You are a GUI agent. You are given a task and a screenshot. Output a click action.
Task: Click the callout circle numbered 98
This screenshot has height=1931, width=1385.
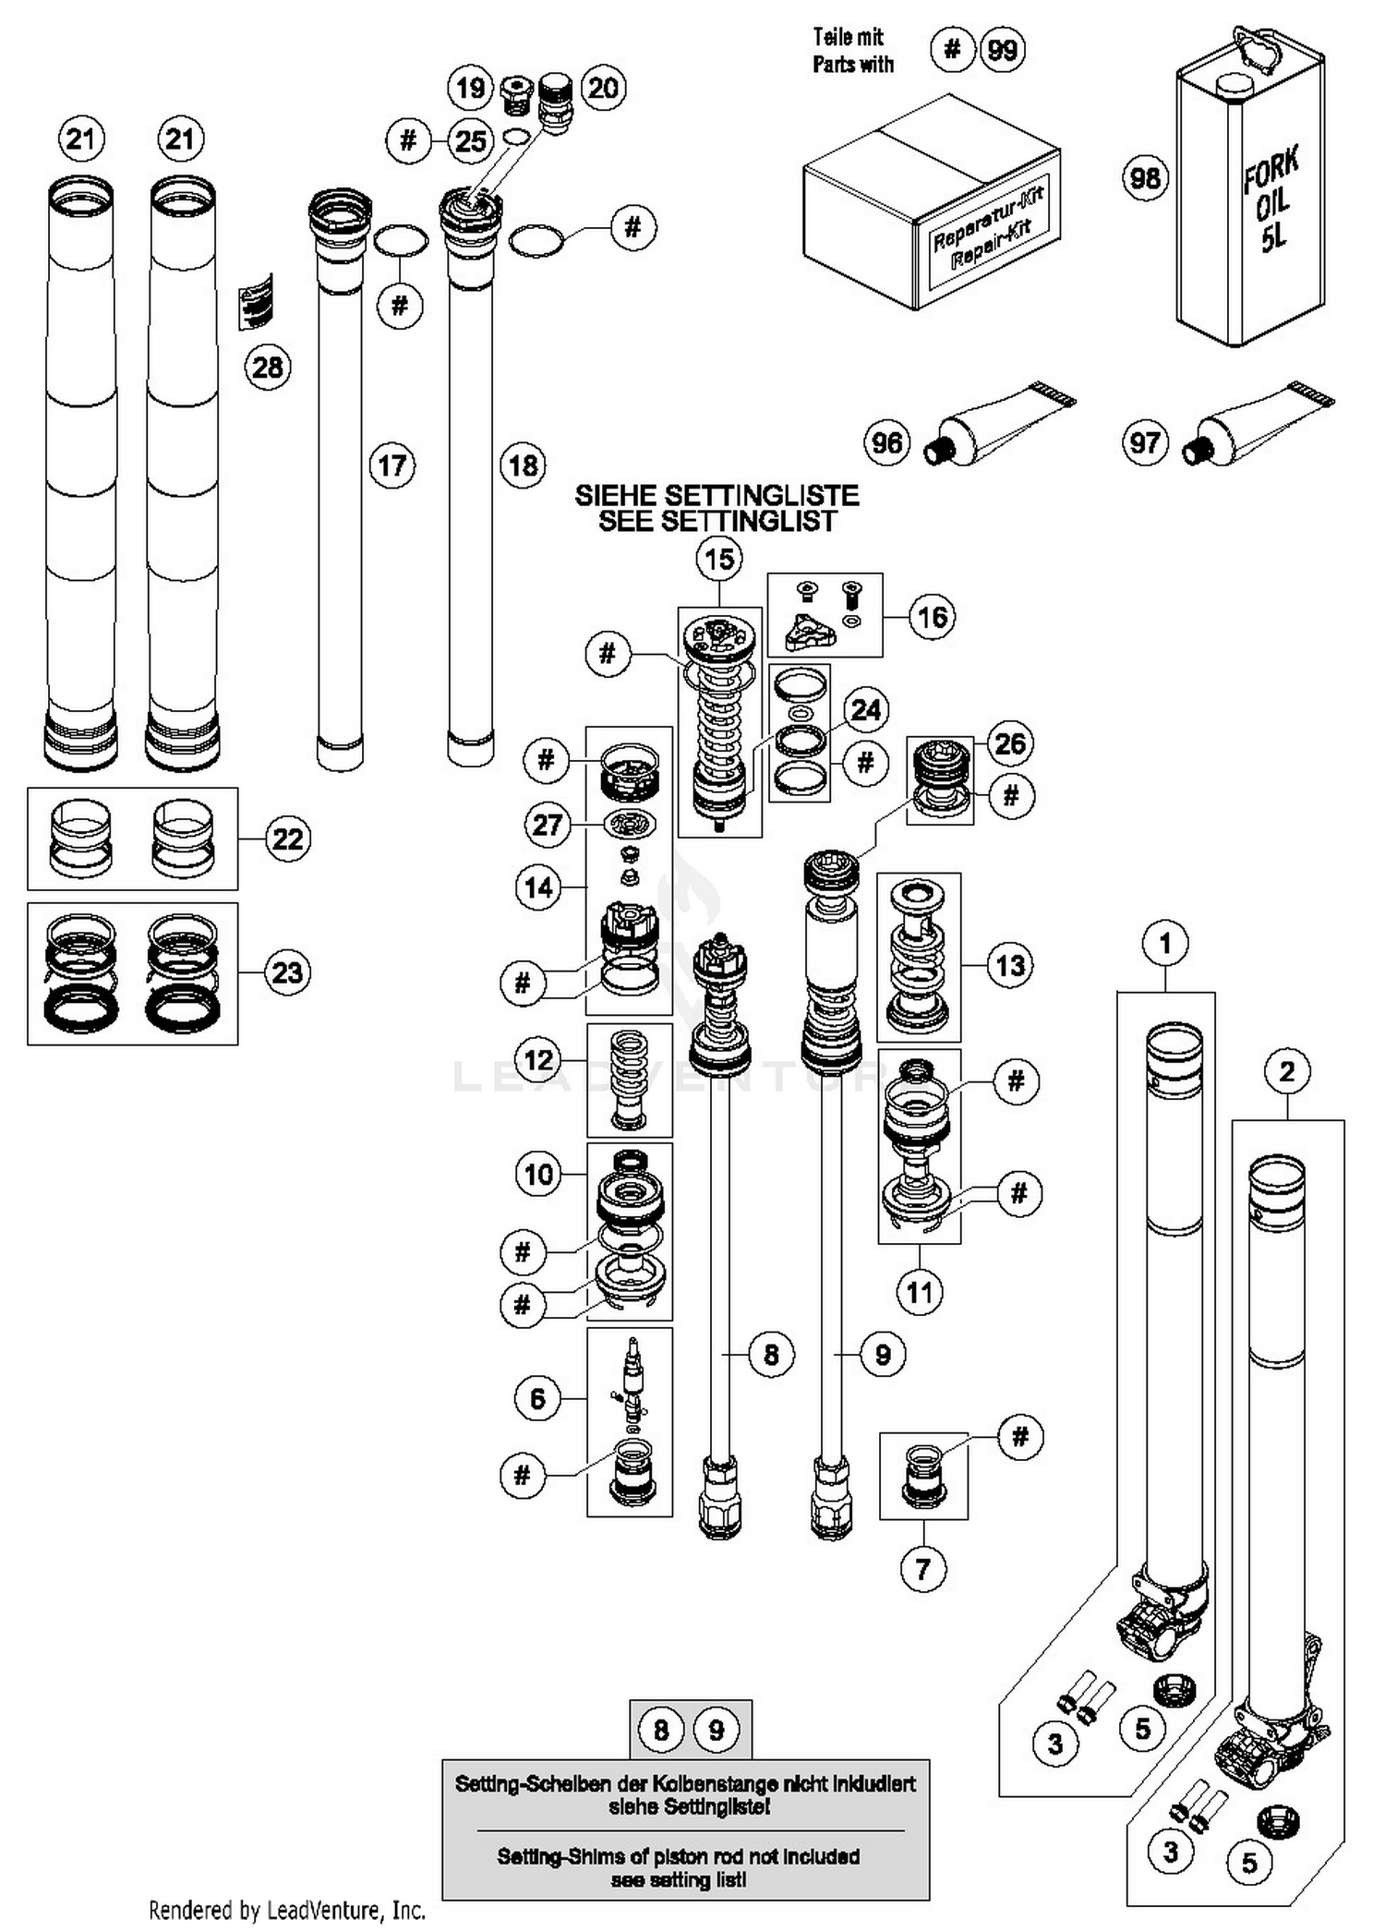click(1145, 177)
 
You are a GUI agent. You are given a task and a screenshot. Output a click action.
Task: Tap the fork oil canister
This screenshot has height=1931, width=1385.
click(1250, 199)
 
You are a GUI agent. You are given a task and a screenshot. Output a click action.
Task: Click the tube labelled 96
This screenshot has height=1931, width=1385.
click(1002, 426)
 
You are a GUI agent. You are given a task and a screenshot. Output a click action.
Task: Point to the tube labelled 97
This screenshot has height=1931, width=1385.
click(1260, 424)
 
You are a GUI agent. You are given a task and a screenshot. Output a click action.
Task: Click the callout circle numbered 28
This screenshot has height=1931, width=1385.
click(267, 368)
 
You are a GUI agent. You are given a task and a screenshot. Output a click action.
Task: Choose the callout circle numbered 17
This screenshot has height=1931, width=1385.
click(392, 465)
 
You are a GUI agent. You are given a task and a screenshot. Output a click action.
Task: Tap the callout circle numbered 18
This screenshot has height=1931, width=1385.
click(524, 465)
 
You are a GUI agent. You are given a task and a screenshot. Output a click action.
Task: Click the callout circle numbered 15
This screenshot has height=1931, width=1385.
click(719, 559)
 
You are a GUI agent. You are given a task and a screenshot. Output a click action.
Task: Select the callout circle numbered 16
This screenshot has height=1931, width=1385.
click(933, 616)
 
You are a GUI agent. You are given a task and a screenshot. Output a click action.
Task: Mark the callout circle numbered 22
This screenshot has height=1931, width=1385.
click(287, 839)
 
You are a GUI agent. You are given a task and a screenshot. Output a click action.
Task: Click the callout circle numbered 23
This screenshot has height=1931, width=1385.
click(287, 972)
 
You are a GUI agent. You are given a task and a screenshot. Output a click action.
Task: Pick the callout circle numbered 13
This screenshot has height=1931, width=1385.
click(1010, 966)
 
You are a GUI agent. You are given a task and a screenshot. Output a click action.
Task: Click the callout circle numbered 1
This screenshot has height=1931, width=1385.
click(1165, 943)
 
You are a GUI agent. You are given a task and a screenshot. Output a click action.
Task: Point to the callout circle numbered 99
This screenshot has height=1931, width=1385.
click(1003, 49)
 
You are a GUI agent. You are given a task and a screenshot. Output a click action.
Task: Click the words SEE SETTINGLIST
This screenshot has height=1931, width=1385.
click(717, 522)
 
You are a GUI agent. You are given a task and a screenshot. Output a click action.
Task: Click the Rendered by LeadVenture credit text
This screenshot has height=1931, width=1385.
click(287, 1909)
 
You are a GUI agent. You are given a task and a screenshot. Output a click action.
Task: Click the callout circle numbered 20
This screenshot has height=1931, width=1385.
click(603, 89)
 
